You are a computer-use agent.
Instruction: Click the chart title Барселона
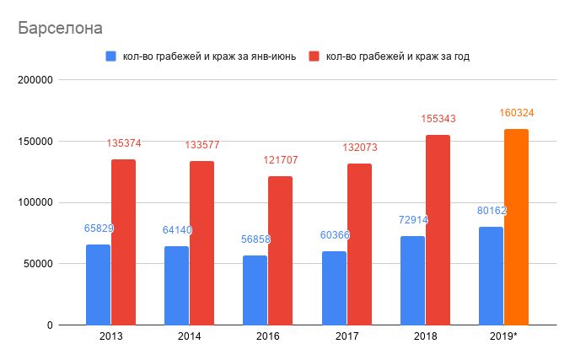coord(61,28)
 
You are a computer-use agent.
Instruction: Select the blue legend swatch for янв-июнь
coord(110,56)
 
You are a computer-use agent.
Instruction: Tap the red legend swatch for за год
coord(314,56)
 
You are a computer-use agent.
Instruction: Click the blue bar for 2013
coord(98,284)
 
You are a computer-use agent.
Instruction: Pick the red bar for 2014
coord(202,243)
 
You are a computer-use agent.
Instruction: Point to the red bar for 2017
coord(359,244)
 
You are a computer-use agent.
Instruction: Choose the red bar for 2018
coord(438,229)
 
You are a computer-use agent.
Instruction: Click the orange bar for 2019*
coord(516,227)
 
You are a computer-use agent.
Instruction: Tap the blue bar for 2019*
coord(491,276)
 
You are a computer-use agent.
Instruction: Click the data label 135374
coord(123,143)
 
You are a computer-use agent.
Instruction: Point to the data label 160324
coord(517,112)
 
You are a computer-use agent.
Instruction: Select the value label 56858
coord(255,239)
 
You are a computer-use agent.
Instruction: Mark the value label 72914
coord(412,219)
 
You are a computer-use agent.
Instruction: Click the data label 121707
coord(281,160)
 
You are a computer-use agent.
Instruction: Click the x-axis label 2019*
coord(503,336)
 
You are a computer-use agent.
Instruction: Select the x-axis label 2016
coord(267,336)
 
